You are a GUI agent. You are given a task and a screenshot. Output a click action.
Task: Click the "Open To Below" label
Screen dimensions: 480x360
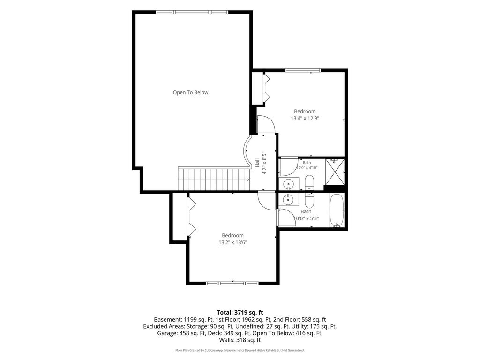[x=190, y=92]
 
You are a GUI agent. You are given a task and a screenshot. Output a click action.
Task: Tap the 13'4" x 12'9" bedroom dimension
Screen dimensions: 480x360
[x=305, y=118]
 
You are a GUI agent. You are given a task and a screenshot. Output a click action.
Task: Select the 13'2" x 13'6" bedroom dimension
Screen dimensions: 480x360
[x=232, y=242]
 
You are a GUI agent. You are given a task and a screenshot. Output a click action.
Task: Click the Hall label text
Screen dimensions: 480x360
[x=257, y=163]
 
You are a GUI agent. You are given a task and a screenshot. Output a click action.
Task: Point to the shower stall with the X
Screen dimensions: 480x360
[x=335, y=172]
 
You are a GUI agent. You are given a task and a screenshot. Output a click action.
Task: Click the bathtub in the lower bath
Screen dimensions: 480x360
[x=337, y=210]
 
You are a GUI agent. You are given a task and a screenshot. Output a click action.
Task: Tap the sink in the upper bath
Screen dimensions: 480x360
[x=288, y=184]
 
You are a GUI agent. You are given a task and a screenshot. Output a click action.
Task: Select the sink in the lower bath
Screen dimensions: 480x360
[x=288, y=199]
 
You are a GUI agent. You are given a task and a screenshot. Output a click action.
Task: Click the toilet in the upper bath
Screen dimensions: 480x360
[x=309, y=183]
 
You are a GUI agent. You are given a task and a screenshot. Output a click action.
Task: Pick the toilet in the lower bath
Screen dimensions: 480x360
[x=309, y=201]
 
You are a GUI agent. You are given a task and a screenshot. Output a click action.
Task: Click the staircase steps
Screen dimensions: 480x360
[x=214, y=179]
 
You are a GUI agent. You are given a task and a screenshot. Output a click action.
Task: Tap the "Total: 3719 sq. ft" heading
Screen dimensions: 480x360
[x=240, y=313]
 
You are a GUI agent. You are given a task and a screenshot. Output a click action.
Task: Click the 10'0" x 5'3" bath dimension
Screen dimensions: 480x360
[x=306, y=218]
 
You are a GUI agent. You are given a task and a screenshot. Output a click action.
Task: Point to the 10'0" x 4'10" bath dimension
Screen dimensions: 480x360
[x=307, y=167]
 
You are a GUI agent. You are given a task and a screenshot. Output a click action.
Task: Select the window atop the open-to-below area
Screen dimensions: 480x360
[x=192, y=12]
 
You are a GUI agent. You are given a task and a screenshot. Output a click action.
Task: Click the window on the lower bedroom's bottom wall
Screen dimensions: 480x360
[x=232, y=284]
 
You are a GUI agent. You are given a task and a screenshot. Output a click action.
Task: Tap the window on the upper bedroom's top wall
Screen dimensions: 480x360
[x=302, y=70]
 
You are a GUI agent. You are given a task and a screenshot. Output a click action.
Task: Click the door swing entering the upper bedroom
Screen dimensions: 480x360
[x=266, y=125]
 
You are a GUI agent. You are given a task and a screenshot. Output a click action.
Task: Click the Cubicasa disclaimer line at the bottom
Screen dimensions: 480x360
[x=240, y=350]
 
